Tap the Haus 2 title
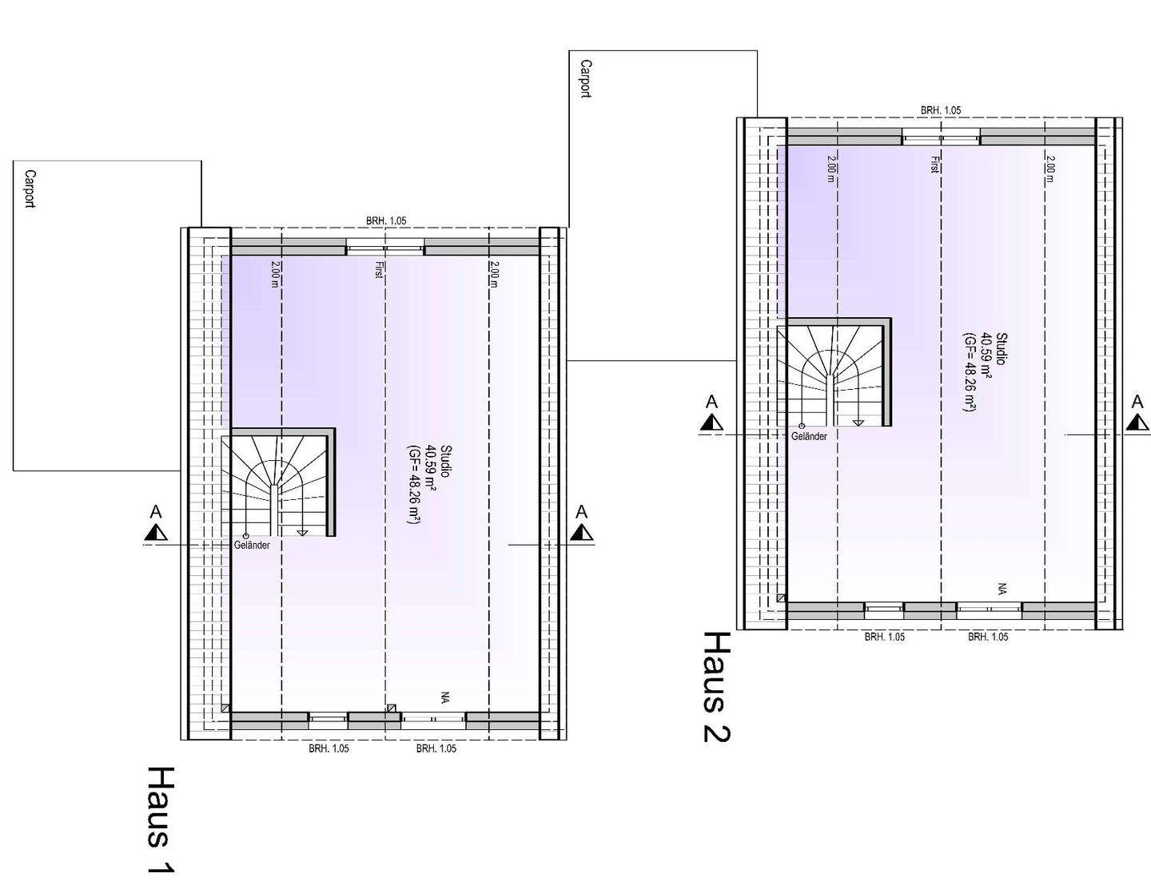click(717, 687)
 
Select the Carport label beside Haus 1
click(30, 189)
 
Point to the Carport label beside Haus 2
click(586, 79)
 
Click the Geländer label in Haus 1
click(252, 545)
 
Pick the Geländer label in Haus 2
click(809, 437)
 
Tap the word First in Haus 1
click(379, 270)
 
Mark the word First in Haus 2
click(935, 165)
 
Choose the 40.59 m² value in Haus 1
click(432, 468)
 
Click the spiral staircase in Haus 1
click(278, 485)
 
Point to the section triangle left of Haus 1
click(156, 532)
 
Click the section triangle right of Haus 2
click(1137, 423)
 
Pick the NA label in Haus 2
click(1002, 589)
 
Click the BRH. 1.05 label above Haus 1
click(386, 220)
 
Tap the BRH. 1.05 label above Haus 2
click(941, 110)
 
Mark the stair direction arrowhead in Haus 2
click(858, 423)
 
